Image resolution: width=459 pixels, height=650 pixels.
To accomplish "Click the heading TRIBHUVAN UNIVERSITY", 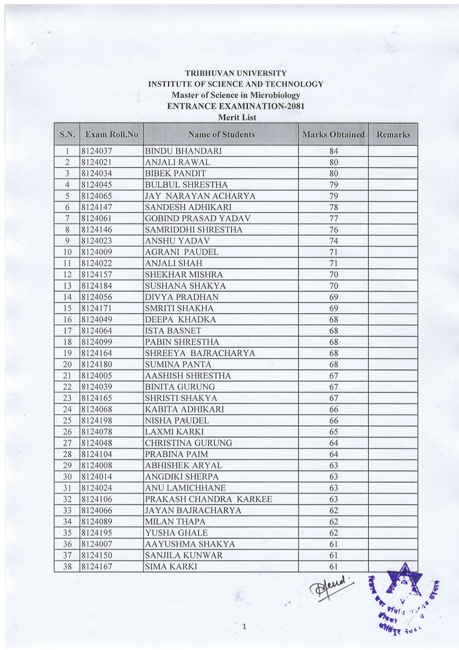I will (x=236, y=73).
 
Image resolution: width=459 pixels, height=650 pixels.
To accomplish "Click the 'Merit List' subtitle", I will (x=237, y=117).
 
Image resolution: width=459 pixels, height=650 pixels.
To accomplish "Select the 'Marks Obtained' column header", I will (x=333, y=134).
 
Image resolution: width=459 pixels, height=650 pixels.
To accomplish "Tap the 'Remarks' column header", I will (x=393, y=134).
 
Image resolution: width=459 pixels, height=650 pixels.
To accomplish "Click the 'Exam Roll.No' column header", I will (x=111, y=134).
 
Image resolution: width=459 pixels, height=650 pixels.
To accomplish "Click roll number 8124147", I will (x=96, y=207).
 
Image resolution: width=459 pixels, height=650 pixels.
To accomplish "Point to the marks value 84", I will (x=333, y=151).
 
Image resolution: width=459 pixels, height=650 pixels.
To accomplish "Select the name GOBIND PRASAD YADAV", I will (x=197, y=218).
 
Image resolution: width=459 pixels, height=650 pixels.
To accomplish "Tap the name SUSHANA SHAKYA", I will (x=185, y=286).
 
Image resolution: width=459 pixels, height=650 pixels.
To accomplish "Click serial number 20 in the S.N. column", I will (x=67, y=364).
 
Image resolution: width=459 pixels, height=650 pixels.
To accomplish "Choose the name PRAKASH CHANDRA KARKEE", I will (x=208, y=499).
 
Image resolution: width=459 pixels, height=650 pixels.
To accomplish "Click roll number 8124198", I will (x=96, y=420).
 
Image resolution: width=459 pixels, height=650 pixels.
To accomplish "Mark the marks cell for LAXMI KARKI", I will (x=333, y=431).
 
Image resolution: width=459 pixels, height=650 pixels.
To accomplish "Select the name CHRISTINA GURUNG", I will (x=188, y=443).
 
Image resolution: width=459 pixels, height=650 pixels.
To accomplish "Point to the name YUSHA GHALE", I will (x=176, y=533).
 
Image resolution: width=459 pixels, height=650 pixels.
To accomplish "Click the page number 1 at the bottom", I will (x=244, y=626).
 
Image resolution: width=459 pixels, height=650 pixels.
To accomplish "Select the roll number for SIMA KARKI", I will (x=96, y=566).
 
